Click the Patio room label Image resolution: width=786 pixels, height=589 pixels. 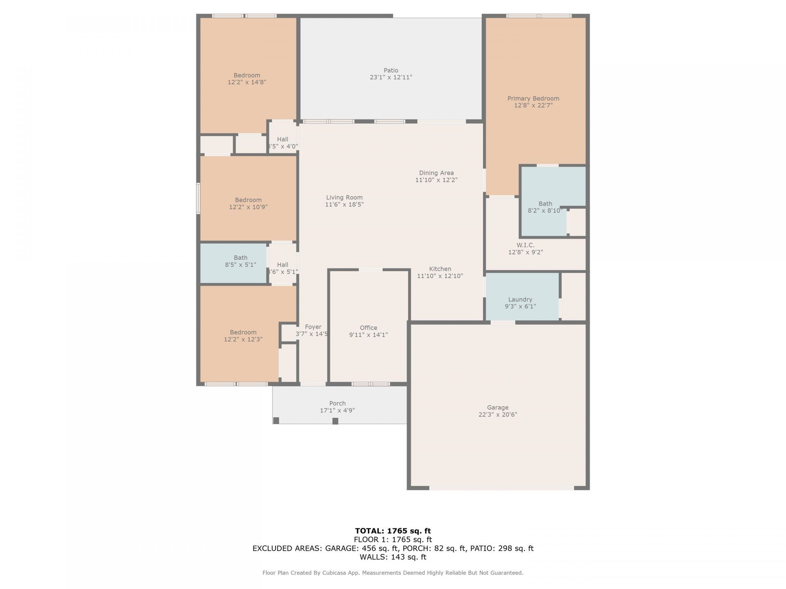pos(391,70)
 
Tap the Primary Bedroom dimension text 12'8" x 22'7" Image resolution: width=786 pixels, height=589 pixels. pos(533,105)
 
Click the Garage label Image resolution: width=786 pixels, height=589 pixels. pos(497,407)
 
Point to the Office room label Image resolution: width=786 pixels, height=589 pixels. pos(368,328)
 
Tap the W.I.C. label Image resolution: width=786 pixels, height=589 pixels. pos(525,245)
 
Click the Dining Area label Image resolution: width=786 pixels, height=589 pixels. pos(436,173)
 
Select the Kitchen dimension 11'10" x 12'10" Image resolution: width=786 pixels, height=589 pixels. pos(440,276)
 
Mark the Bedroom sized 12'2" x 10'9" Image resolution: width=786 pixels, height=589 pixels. pos(248,203)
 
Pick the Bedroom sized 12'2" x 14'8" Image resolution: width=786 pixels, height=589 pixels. pos(247,79)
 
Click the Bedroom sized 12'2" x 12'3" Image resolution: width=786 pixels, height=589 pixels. pos(243,335)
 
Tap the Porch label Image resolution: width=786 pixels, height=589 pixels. pos(337,403)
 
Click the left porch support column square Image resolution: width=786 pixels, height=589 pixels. pos(276,420)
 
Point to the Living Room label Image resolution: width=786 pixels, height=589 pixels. pos(344,197)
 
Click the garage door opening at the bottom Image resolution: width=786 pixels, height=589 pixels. pos(501,488)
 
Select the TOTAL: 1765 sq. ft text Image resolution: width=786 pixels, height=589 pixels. pos(393,531)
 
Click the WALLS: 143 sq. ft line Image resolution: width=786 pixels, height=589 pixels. pos(393,557)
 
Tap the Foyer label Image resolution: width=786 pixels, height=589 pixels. pos(313,326)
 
